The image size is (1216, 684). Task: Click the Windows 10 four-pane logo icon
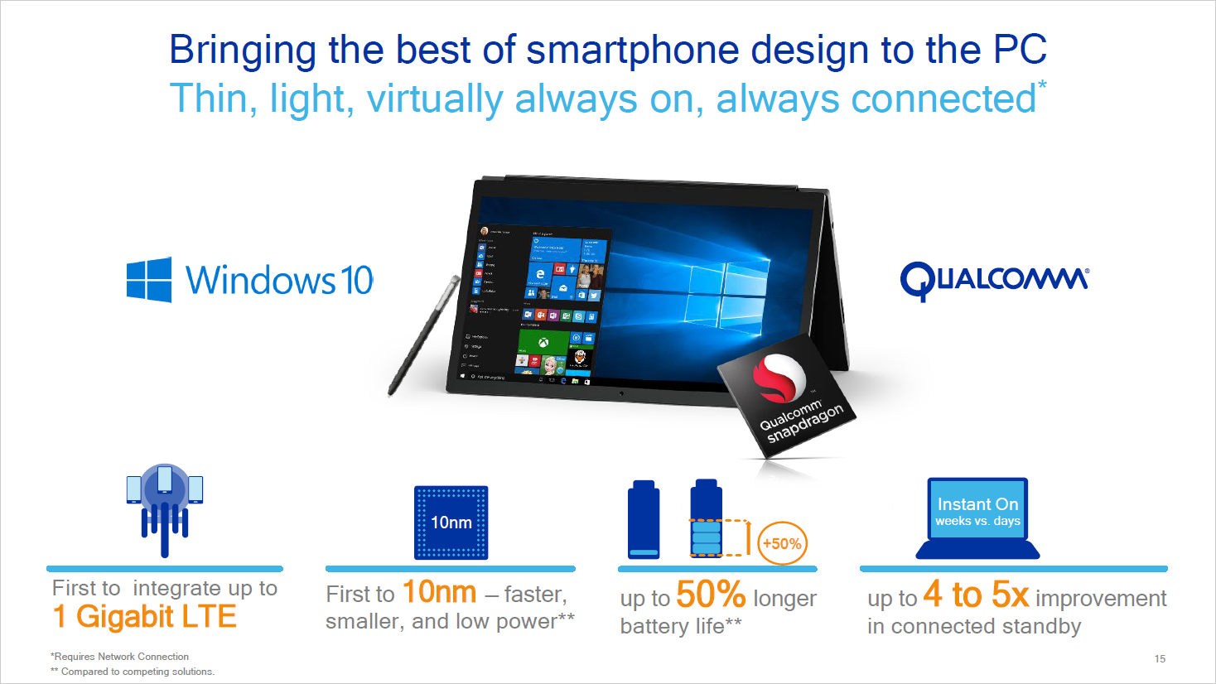tap(149, 279)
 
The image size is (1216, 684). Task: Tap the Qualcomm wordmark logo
tap(994, 280)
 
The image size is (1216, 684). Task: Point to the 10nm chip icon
tap(451, 523)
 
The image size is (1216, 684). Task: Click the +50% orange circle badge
tap(781, 543)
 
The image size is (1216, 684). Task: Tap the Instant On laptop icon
tap(977, 518)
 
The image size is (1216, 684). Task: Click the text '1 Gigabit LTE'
tap(145, 617)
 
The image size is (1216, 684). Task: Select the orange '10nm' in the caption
tap(439, 593)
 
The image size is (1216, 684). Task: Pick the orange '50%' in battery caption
tap(711, 595)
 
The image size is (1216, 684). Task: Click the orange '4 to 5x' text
tap(976, 595)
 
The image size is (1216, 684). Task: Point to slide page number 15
tap(1160, 659)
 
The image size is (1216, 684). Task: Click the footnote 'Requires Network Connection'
tap(121, 657)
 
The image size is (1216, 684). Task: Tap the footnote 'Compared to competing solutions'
tap(136, 672)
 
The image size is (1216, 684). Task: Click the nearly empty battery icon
tap(644, 520)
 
